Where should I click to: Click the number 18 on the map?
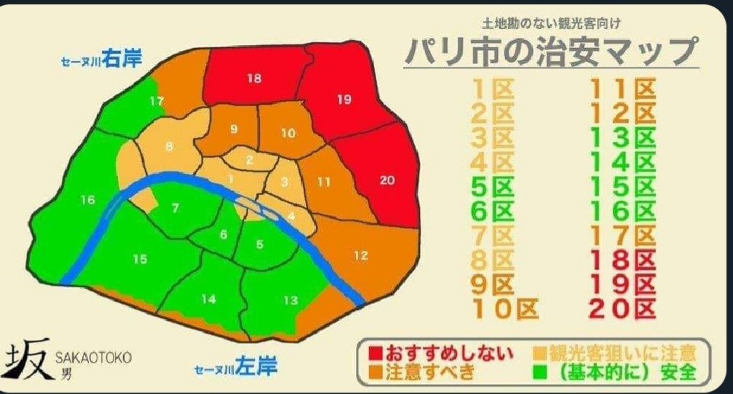253,79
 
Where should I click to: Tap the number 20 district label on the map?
387,180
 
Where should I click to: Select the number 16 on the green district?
87,200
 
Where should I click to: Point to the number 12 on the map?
361,255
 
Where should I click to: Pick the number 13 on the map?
289,299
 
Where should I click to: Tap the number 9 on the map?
233,129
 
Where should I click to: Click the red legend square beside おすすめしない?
376,354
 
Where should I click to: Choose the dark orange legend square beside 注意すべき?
376,373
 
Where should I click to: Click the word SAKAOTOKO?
93,357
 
